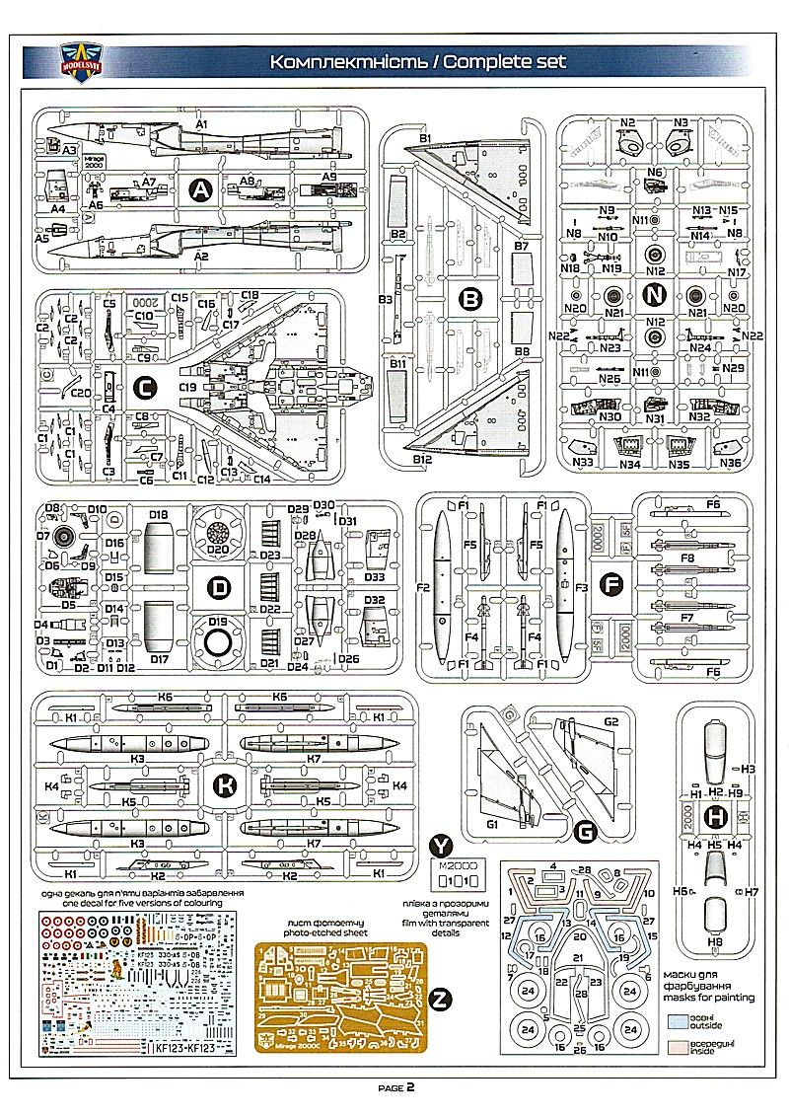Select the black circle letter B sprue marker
point(471,297)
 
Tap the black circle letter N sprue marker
point(654,294)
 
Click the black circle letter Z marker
point(442,1000)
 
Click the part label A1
point(202,124)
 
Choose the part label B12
point(423,460)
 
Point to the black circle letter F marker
point(611,585)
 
